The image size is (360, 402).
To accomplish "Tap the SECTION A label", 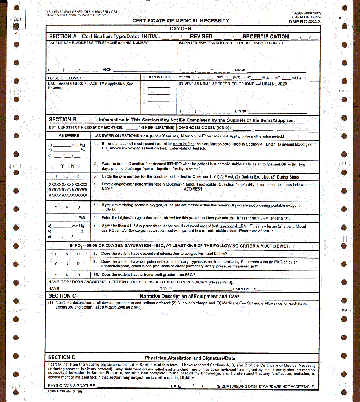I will pos(63,37).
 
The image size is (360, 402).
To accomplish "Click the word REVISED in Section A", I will pos(201,37).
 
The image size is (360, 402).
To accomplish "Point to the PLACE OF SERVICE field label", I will pos(64,77).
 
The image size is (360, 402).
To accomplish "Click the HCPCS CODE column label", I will pos(159,77).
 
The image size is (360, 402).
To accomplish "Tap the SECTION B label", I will pos(63,120).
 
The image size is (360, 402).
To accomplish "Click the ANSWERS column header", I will pos(69,135).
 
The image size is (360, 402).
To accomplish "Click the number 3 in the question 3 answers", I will pos(79,176).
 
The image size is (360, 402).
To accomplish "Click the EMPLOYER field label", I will pos(245,289).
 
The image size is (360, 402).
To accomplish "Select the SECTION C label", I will pos(63,296).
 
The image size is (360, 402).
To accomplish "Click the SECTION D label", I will pos(63,357).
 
